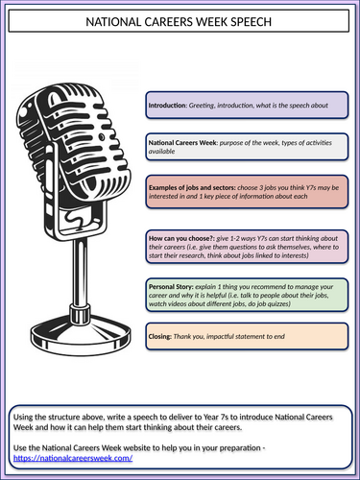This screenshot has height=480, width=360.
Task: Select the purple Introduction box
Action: pos(247,104)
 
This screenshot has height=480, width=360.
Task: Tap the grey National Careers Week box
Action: pos(247,146)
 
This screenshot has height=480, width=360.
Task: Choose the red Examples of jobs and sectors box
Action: pos(247,192)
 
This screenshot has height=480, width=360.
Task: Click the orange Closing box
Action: pos(247,337)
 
